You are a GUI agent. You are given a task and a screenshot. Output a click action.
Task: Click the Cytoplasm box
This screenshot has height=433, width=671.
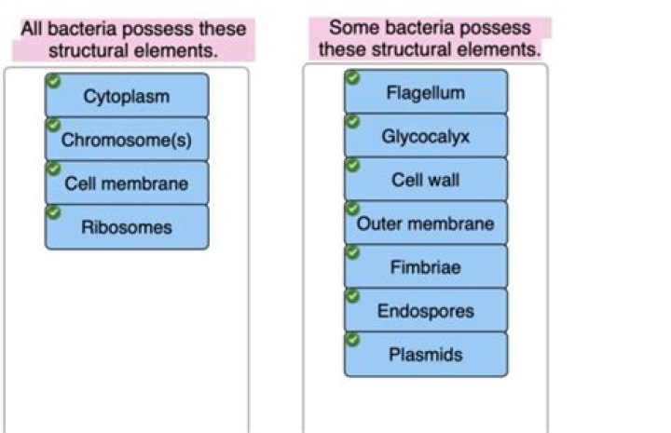coord(127,96)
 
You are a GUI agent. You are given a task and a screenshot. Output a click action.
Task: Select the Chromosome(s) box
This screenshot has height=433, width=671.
coord(127,140)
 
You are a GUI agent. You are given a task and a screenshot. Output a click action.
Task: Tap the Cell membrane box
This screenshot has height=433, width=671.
coord(127,183)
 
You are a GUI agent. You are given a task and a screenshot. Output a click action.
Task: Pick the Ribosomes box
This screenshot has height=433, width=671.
coord(127,227)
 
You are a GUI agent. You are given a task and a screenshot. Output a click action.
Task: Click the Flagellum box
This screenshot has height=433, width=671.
coord(426,92)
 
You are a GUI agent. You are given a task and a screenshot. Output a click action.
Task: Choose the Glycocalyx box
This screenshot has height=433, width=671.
coord(426,136)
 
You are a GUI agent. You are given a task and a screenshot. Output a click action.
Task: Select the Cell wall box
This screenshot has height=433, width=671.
coord(426,180)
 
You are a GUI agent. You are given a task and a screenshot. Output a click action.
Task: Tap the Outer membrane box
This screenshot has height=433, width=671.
coord(426,223)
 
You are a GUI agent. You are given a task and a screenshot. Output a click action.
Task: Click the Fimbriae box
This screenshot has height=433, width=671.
coord(426,267)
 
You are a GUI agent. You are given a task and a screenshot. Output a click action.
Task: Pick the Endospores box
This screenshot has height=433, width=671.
coord(426,311)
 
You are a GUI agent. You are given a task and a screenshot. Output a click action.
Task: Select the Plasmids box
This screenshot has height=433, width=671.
coord(426,355)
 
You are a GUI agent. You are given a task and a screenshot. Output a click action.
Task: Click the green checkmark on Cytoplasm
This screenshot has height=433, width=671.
coord(53,81)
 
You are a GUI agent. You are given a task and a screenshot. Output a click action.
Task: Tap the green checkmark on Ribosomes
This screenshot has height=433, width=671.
coord(53,212)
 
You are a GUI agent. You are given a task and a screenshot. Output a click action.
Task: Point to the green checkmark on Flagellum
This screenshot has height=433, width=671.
coord(352,77)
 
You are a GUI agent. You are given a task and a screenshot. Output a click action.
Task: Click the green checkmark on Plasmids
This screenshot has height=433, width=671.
coord(352,340)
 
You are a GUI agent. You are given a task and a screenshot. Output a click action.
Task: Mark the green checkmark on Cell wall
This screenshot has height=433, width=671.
coord(352,165)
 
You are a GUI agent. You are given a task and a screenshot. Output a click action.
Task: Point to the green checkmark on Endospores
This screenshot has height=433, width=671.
coord(352,296)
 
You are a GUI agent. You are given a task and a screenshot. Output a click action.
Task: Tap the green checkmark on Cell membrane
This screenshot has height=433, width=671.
coord(53,169)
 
